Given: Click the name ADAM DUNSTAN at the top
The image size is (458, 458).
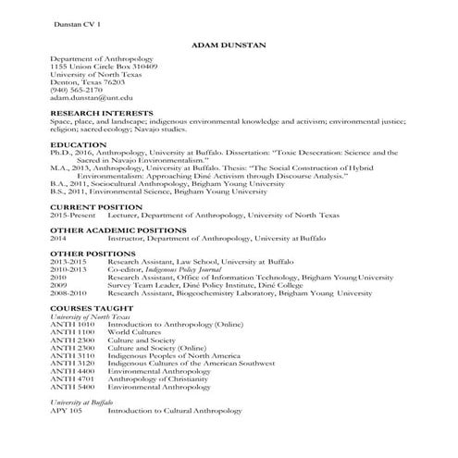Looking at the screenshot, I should coord(228,44).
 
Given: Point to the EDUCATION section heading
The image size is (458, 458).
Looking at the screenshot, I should coord(80,145).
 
